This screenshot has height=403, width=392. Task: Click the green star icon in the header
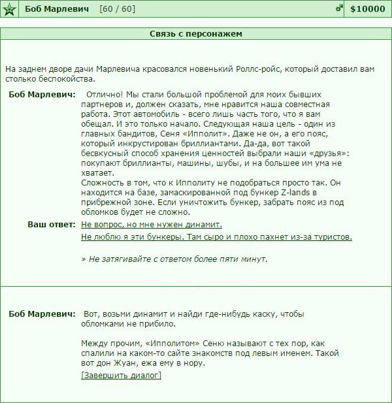coord(9,10)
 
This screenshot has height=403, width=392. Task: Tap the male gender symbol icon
coord(339,9)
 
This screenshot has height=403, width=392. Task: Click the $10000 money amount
coord(368,10)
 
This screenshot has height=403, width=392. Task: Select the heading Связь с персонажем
coord(196,33)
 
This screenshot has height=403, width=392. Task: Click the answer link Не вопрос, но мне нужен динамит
coord(152,225)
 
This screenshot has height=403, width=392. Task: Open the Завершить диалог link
coord(121,376)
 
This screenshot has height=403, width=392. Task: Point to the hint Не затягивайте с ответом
coord(174,259)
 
